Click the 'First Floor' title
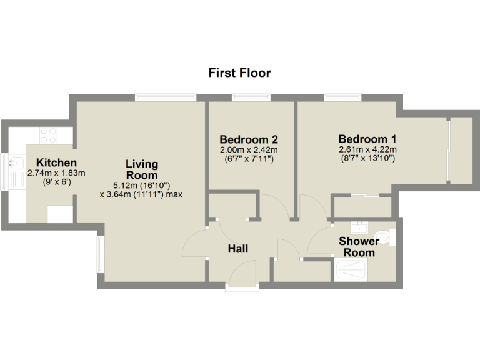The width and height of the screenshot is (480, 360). pyautogui.click(x=239, y=73)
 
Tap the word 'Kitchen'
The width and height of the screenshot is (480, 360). pyautogui.click(x=56, y=162)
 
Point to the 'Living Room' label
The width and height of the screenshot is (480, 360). pyautogui.click(x=142, y=170)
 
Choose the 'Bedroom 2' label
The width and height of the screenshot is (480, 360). pyautogui.click(x=249, y=139)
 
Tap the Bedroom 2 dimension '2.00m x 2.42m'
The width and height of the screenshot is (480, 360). pyautogui.click(x=249, y=150)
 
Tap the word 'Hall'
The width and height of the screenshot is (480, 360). pyautogui.click(x=238, y=249)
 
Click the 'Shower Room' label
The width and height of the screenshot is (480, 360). pyautogui.click(x=359, y=247)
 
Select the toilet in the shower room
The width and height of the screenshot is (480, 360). pyautogui.click(x=391, y=237)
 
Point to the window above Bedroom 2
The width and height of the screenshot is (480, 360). pyautogui.click(x=251, y=97)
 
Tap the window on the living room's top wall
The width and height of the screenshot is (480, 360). pyautogui.click(x=165, y=97)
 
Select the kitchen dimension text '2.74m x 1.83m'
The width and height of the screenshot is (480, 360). pyautogui.click(x=56, y=173)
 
